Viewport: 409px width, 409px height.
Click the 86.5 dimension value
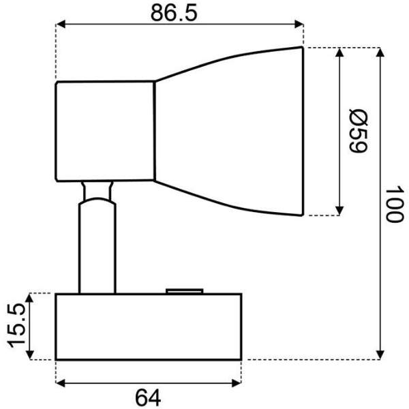coord(174,12)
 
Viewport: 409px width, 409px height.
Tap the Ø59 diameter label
coord(359,131)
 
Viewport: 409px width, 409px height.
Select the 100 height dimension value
coord(395,204)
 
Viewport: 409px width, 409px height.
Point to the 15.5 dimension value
coord(17,326)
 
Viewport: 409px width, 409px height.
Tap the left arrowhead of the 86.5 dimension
coord(61,25)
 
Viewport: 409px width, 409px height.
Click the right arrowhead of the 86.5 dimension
coord(299,25)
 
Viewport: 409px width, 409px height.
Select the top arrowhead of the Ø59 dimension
coord(339,52)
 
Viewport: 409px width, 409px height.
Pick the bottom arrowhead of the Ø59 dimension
coord(339,211)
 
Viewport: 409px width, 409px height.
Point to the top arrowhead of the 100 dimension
coord(380,52)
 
